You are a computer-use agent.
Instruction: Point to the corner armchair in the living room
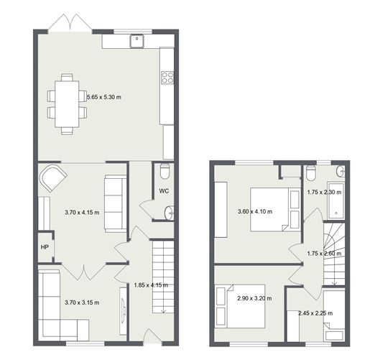[53, 177]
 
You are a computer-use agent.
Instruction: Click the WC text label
[164, 191]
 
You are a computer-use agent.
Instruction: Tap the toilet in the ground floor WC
[164, 172]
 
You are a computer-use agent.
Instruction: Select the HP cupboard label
[45, 247]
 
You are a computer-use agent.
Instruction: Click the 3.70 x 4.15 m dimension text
[82, 213]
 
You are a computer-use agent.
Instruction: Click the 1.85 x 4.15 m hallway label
[151, 285]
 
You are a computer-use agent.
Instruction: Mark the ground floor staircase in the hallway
[163, 277]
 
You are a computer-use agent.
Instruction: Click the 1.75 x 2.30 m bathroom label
[324, 193]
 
